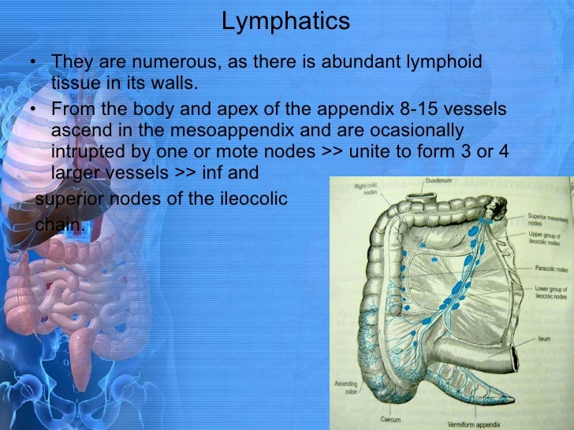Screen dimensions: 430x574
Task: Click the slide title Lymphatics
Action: tap(285, 21)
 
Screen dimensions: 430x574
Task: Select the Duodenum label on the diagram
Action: tap(439, 180)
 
